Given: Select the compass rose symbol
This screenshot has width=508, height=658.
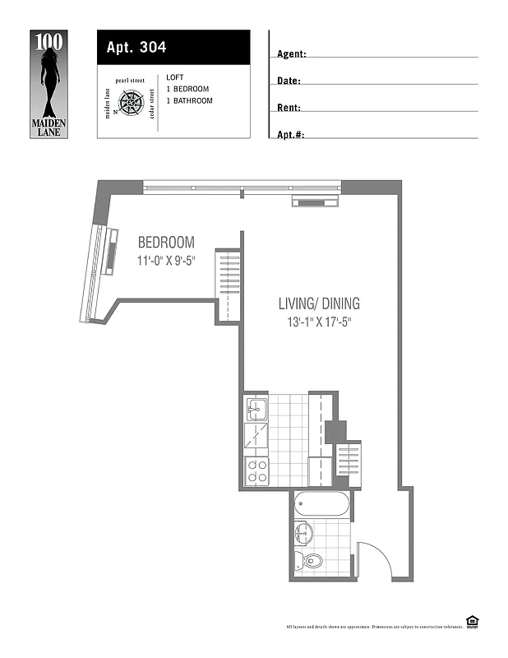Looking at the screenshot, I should pos(132,104).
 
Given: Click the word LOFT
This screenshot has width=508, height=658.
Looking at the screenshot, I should pos(175,77).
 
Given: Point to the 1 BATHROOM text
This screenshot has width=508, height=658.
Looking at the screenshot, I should pos(189,100).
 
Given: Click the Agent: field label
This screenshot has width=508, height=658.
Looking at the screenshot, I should pos(292,54).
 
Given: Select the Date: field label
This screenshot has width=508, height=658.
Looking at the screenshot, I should pos(289,81).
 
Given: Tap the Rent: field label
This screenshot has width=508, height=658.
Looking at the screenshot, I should pos(289,108).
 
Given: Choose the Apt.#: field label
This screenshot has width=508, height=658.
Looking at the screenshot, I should pos(291,134).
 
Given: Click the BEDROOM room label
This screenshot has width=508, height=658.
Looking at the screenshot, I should pos(166,243).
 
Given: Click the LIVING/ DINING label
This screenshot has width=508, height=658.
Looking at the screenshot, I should pos(319,304).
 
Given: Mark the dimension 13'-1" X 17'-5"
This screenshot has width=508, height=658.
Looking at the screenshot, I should pos(315,322).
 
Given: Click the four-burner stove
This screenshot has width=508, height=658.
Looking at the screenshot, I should pos(256,470).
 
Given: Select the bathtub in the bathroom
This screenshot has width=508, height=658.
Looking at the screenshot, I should pos(322,503).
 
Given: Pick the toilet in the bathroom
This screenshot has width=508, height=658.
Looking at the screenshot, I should pos(311,562).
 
